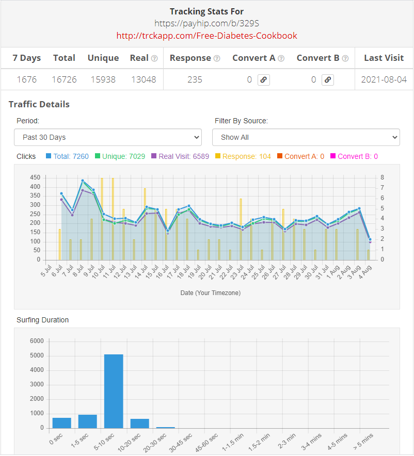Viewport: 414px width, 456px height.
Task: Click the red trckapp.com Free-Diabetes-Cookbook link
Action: tap(206, 36)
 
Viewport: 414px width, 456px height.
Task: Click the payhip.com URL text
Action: tap(206, 23)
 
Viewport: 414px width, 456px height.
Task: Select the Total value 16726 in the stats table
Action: tap(64, 79)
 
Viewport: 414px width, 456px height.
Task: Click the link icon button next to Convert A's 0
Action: tap(264, 80)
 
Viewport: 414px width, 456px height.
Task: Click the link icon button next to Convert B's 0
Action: tap(328, 80)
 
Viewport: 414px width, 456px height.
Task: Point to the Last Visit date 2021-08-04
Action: tap(384, 79)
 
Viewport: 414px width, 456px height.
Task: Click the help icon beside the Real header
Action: tap(154, 58)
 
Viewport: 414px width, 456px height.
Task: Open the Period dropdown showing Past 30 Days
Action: tap(107, 137)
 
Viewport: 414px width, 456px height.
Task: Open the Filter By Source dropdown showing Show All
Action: tap(306, 137)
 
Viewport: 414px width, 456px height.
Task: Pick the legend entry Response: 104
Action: tap(243, 156)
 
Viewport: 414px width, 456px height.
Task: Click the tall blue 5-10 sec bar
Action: tap(114, 391)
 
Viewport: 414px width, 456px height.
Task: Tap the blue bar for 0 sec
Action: tap(61, 423)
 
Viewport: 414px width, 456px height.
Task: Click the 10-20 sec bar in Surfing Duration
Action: tap(139, 424)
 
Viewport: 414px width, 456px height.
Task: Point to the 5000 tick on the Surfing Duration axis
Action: tap(37, 356)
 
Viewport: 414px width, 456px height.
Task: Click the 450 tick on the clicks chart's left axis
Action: tap(35, 177)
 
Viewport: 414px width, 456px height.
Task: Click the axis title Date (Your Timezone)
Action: tap(210, 293)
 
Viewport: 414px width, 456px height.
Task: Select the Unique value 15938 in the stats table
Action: tap(103, 79)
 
